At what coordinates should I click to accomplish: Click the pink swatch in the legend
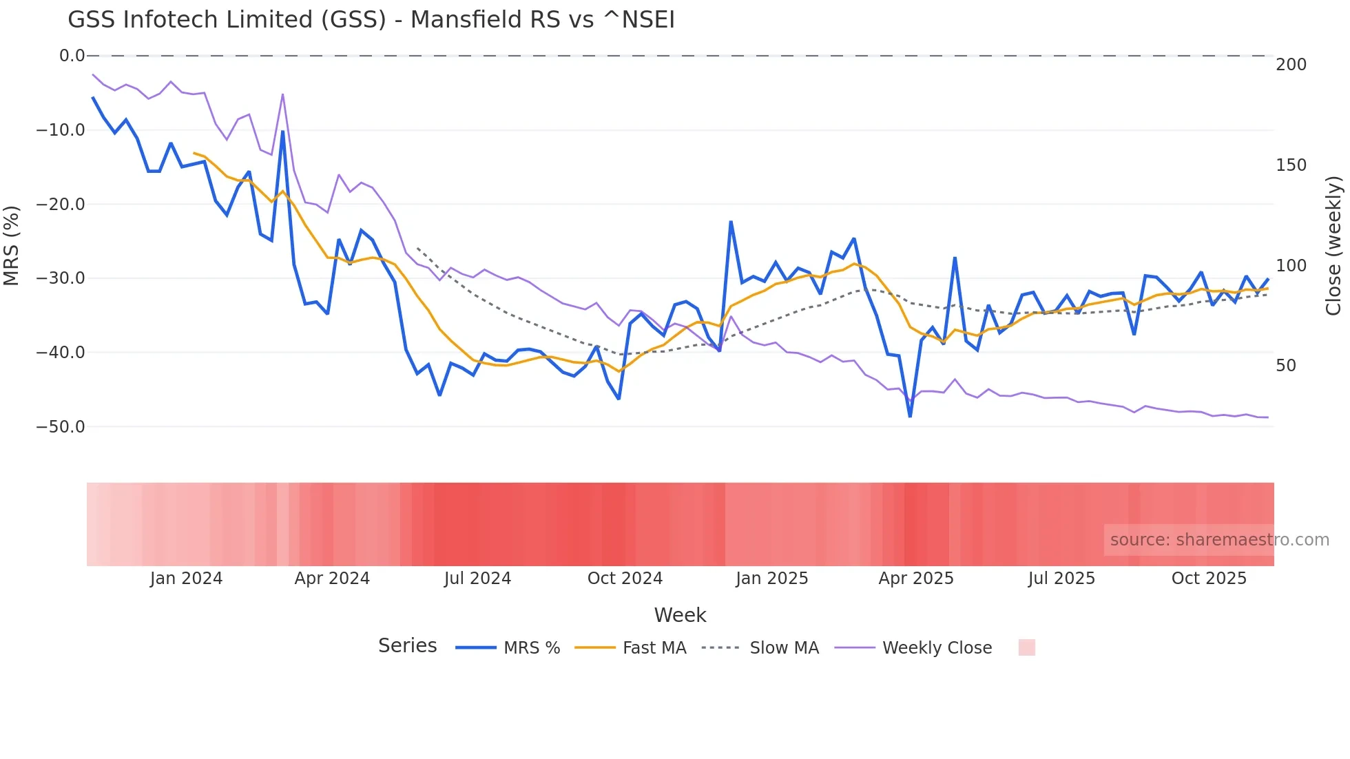tap(1026, 647)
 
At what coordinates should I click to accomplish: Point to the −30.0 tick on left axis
tap(61, 278)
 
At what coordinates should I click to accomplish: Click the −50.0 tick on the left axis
tap(61, 426)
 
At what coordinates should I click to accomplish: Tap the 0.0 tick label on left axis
tap(72, 56)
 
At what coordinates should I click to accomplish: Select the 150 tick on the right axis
tap(1291, 165)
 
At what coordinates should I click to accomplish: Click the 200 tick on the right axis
tap(1291, 65)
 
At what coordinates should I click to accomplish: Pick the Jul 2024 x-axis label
tap(477, 579)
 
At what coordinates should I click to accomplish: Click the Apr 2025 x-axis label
tap(915, 579)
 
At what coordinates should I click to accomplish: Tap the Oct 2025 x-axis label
tap(1209, 579)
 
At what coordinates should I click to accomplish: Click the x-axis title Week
tap(680, 615)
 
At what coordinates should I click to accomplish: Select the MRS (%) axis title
tap(11, 246)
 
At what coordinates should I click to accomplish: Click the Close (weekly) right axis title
tap(1333, 246)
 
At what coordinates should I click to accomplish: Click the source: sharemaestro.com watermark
tap(1219, 540)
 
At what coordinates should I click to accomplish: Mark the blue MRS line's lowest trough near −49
tap(910, 416)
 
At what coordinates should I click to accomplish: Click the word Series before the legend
tap(407, 646)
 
